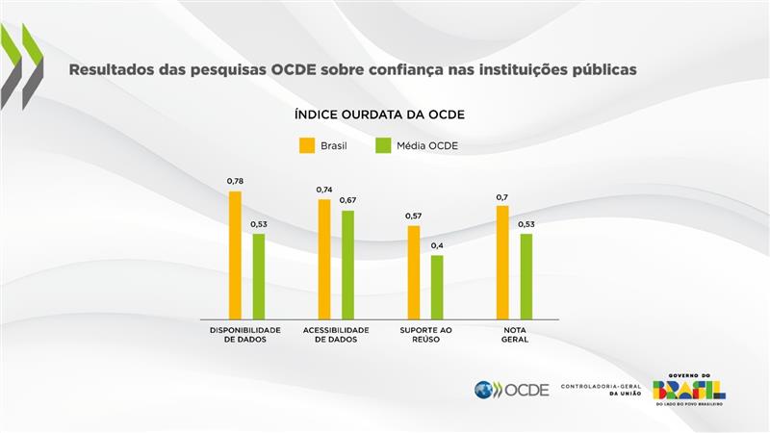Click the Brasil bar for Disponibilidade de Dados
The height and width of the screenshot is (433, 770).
pos(235,255)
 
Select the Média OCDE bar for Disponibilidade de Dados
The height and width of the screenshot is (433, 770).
pos(258,276)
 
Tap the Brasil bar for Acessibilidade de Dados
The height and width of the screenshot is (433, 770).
pos(324,259)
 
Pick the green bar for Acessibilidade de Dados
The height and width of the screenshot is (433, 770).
pos(347,265)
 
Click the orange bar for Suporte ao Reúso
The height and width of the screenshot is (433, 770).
pos(414,272)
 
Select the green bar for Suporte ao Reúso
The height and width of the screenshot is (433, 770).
pos(437,287)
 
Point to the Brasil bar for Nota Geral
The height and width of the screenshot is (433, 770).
pos(502,262)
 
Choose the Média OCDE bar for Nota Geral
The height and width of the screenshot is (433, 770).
pos(526,276)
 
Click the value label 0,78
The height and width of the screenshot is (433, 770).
pos(235,181)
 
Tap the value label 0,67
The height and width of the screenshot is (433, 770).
pos(347,200)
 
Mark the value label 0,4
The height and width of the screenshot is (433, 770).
pos(437,245)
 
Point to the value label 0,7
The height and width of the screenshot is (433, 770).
pos(502,197)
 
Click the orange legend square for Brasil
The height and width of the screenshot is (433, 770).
pos(306,146)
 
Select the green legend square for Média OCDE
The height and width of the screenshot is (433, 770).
pos(382,146)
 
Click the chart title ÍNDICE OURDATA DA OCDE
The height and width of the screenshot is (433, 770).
pos(379,115)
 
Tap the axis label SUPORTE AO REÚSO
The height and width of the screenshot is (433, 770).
pos(425,335)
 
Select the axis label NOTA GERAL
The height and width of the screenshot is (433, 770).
pos(515,335)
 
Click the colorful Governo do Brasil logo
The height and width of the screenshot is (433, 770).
pos(689,389)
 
